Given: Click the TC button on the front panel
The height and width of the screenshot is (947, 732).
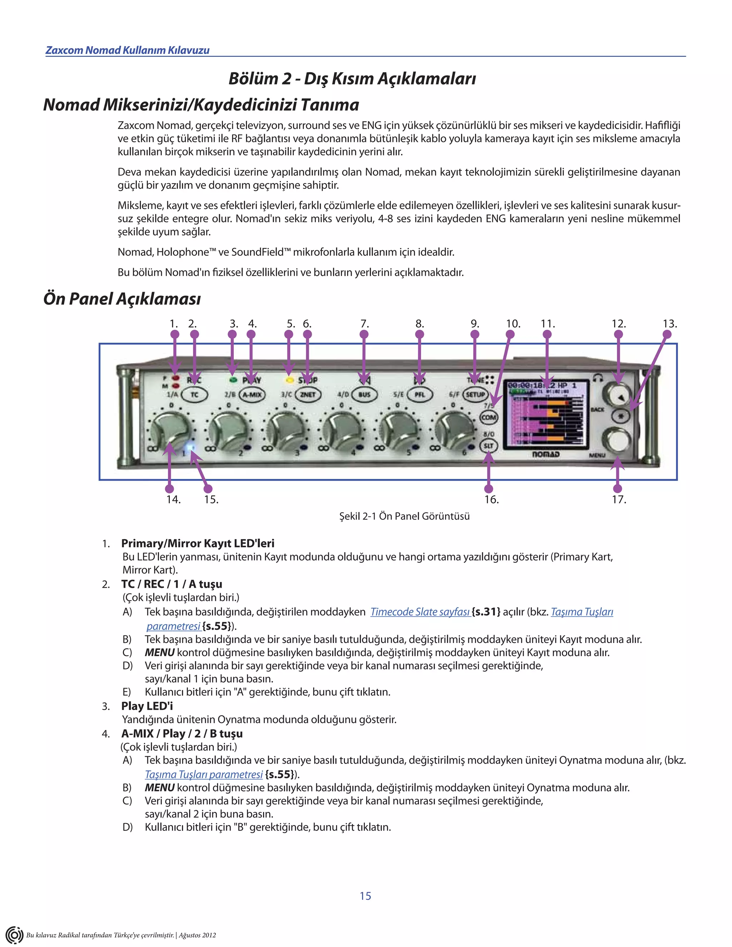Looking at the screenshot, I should point(194,395).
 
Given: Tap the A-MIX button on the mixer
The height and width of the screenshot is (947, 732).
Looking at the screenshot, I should point(252,395).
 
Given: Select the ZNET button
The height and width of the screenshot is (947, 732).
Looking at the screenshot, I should point(308,395).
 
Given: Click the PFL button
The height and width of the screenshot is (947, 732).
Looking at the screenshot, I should point(420,395).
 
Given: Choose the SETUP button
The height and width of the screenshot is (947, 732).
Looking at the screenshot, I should point(475,395).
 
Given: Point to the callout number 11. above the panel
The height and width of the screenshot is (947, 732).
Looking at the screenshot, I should point(547,324).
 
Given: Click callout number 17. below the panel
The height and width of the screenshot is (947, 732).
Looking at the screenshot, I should point(619,500).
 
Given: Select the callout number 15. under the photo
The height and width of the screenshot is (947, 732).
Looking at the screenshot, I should point(211,500).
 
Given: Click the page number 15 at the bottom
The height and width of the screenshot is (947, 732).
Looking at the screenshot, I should point(366,896).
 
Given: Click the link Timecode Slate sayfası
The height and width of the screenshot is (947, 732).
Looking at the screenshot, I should point(420,612).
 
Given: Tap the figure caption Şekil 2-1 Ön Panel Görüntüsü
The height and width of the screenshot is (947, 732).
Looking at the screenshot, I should point(404,516).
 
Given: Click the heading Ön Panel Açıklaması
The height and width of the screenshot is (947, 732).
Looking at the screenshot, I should point(122,299).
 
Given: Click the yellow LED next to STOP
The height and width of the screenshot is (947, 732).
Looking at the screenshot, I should point(288,380).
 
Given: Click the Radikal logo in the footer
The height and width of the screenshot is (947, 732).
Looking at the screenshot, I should point(14,935).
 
